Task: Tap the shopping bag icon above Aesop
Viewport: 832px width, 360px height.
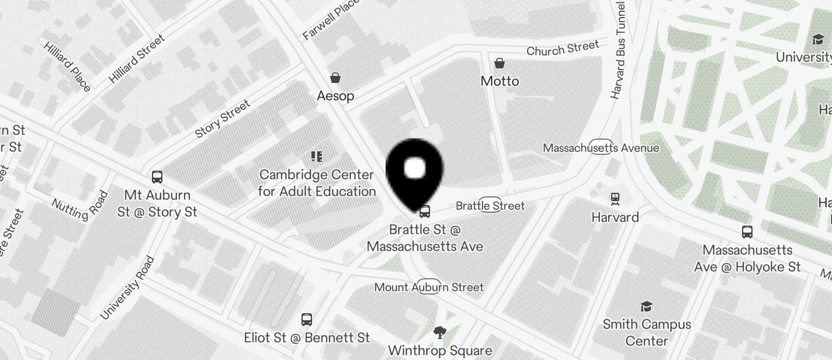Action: tap(335, 78)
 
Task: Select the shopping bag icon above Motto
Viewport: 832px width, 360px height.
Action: tap(500, 63)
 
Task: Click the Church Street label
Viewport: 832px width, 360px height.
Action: tap(563, 49)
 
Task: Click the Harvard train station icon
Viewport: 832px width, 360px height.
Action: tap(615, 199)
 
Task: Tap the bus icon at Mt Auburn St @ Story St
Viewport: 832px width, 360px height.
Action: tap(157, 176)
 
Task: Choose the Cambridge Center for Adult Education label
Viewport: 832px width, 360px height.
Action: tap(317, 183)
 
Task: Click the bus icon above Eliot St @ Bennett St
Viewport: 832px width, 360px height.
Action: tap(307, 320)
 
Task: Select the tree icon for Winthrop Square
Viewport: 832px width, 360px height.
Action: tap(439, 333)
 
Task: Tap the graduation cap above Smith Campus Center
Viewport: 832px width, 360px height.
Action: tap(646, 306)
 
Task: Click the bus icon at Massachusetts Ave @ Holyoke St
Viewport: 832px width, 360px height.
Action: tap(747, 232)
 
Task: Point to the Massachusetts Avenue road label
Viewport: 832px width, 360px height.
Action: tap(601, 148)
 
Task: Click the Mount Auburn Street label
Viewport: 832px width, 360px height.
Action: tap(429, 287)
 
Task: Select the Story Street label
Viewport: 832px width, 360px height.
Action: tap(223, 119)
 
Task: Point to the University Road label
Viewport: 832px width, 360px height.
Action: tap(127, 288)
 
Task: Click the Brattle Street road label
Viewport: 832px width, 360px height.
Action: tap(490, 206)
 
